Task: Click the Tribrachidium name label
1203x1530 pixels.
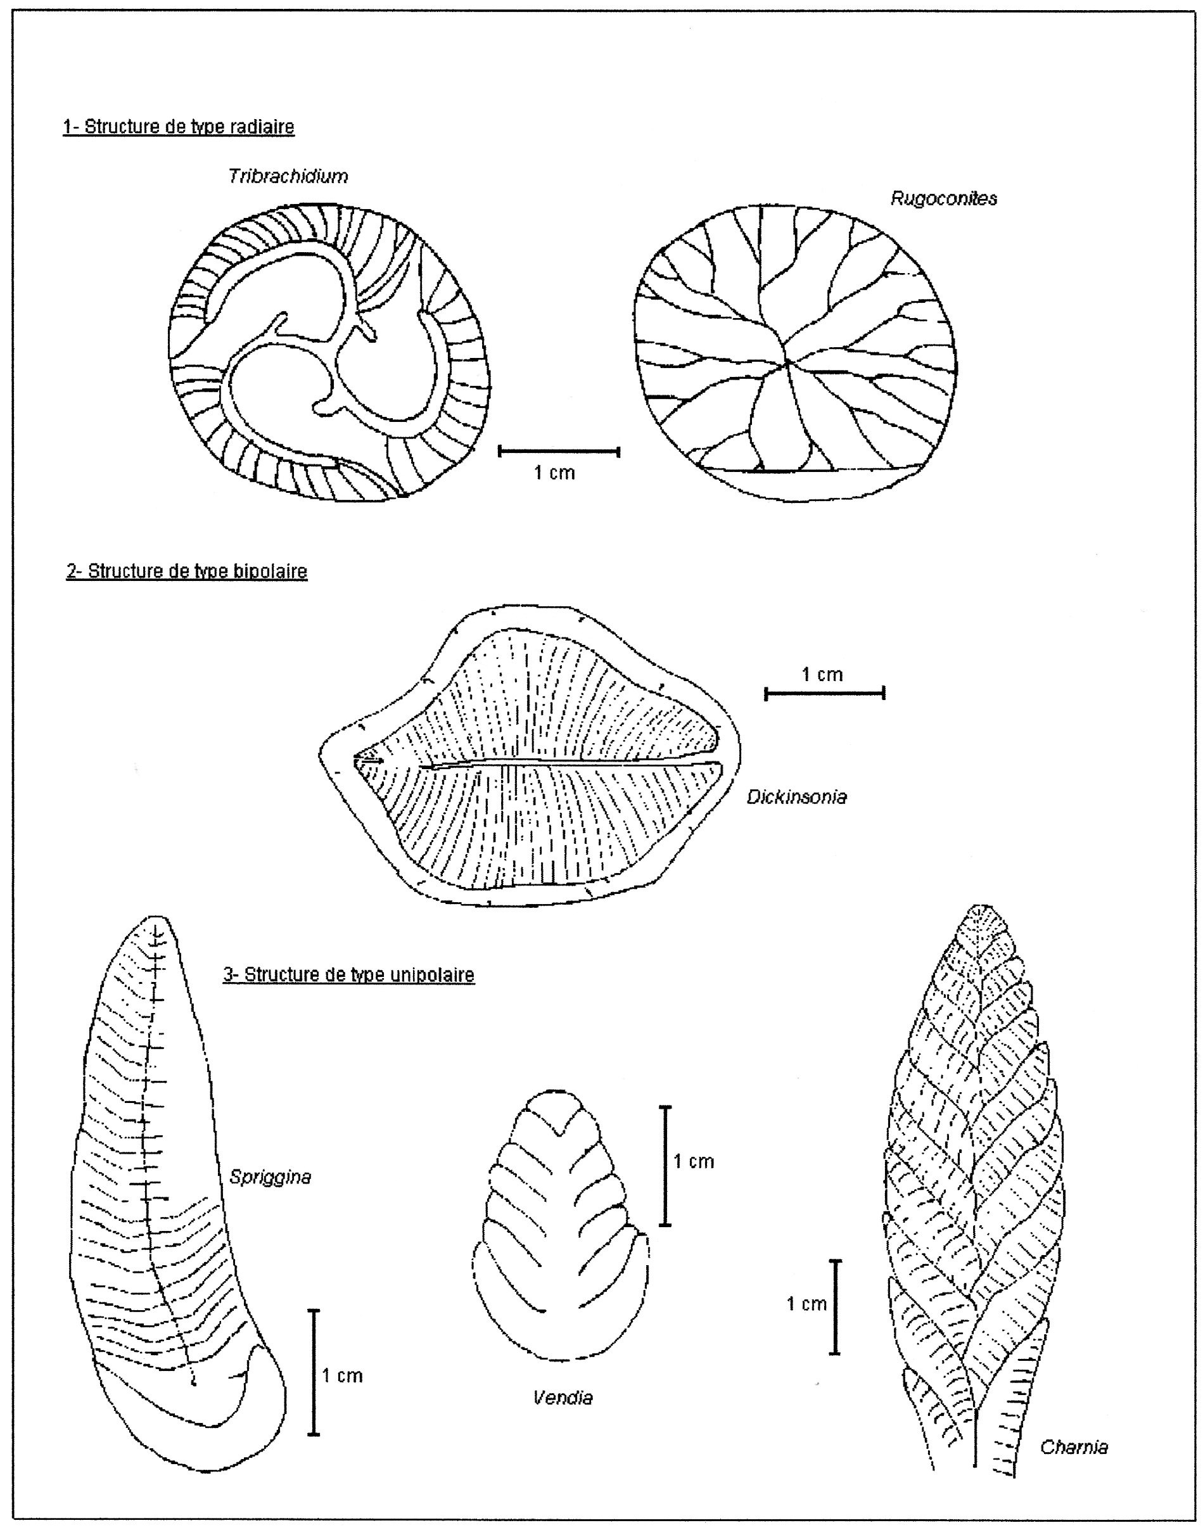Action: click(288, 176)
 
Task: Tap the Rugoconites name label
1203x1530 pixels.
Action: click(944, 199)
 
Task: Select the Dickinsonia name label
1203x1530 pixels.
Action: click(796, 797)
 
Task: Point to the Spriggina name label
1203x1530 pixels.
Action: click(271, 1177)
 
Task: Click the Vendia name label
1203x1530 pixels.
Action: click(563, 1398)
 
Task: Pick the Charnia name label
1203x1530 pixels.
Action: click(1074, 1448)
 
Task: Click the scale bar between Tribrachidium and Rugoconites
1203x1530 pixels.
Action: click(559, 452)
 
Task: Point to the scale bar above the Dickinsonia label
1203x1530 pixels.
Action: click(825, 694)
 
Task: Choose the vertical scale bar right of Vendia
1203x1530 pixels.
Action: click(666, 1166)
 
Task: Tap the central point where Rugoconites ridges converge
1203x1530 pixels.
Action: click(787, 362)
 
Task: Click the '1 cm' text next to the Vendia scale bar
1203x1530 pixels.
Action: click(694, 1161)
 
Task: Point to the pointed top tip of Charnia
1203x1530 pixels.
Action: click(983, 906)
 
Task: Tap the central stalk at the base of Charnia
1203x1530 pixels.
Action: click(977, 1437)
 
